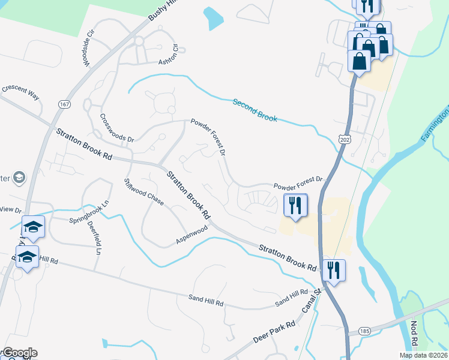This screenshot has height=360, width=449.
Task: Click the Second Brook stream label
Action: coord(255,110)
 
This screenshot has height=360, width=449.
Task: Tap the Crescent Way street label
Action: coord(20,92)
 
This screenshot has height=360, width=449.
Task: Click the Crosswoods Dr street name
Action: coord(117,128)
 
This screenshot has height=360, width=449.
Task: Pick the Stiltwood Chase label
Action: coord(143,192)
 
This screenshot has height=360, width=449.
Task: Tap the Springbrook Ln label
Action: coord(88,212)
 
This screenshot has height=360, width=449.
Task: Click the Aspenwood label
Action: coord(191,235)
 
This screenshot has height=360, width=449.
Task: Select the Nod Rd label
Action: coord(414,335)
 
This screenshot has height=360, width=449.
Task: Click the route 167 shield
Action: coord(63,104)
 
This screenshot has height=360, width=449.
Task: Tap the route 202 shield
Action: coord(344,139)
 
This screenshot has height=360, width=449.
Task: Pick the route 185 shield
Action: coord(364,331)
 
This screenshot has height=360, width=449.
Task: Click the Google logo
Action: coord(19,353)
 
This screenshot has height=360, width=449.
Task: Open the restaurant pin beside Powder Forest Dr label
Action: coord(295,205)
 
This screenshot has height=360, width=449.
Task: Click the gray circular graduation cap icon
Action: coord(19,177)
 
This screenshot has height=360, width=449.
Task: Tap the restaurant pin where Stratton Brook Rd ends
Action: coord(333,269)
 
